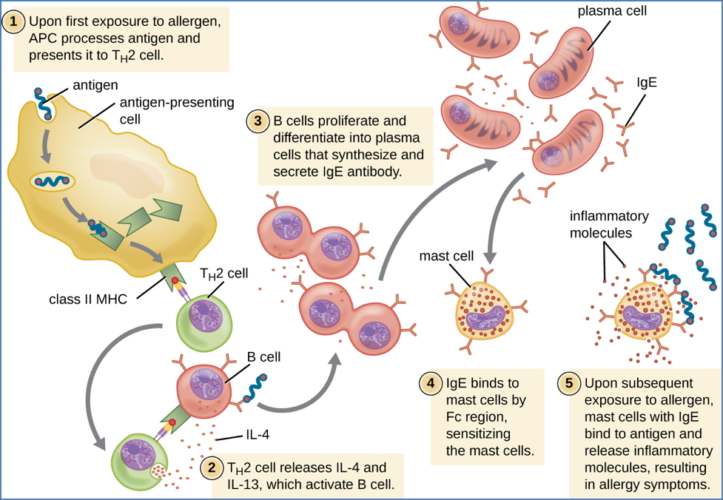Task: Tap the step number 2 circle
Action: [x=212, y=468]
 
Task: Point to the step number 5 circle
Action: [x=568, y=383]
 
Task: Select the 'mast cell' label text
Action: [x=445, y=257]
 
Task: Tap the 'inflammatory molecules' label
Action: [x=608, y=224]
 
